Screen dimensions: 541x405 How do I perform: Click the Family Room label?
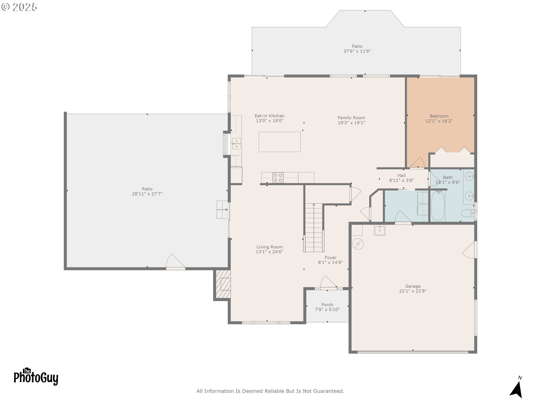(x=351, y=118)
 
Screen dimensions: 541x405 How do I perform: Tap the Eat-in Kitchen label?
(x=269, y=116)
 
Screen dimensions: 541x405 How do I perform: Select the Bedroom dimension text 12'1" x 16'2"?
(x=439, y=121)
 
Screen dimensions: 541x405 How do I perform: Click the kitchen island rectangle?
(x=280, y=142)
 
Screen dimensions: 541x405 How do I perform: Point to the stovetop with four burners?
(x=278, y=177)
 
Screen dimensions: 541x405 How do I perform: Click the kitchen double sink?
(x=236, y=144)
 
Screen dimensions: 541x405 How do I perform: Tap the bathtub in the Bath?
(x=438, y=206)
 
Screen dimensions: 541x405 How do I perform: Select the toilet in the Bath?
(x=468, y=213)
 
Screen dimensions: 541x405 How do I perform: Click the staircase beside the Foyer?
(x=314, y=228)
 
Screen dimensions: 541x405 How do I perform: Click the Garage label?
(x=413, y=286)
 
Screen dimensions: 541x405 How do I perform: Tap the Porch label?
(x=327, y=305)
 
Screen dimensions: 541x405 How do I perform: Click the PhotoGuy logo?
(x=36, y=377)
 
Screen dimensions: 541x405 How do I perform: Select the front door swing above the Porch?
(x=328, y=282)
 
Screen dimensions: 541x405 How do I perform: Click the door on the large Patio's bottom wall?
(x=175, y=262)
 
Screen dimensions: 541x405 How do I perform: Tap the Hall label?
(x=402, y=175)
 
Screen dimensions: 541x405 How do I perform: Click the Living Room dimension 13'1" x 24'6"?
(x=269, y=252)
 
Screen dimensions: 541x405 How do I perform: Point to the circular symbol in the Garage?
(x=358, y=244)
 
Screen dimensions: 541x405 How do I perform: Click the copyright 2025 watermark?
(x=19, y=7)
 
